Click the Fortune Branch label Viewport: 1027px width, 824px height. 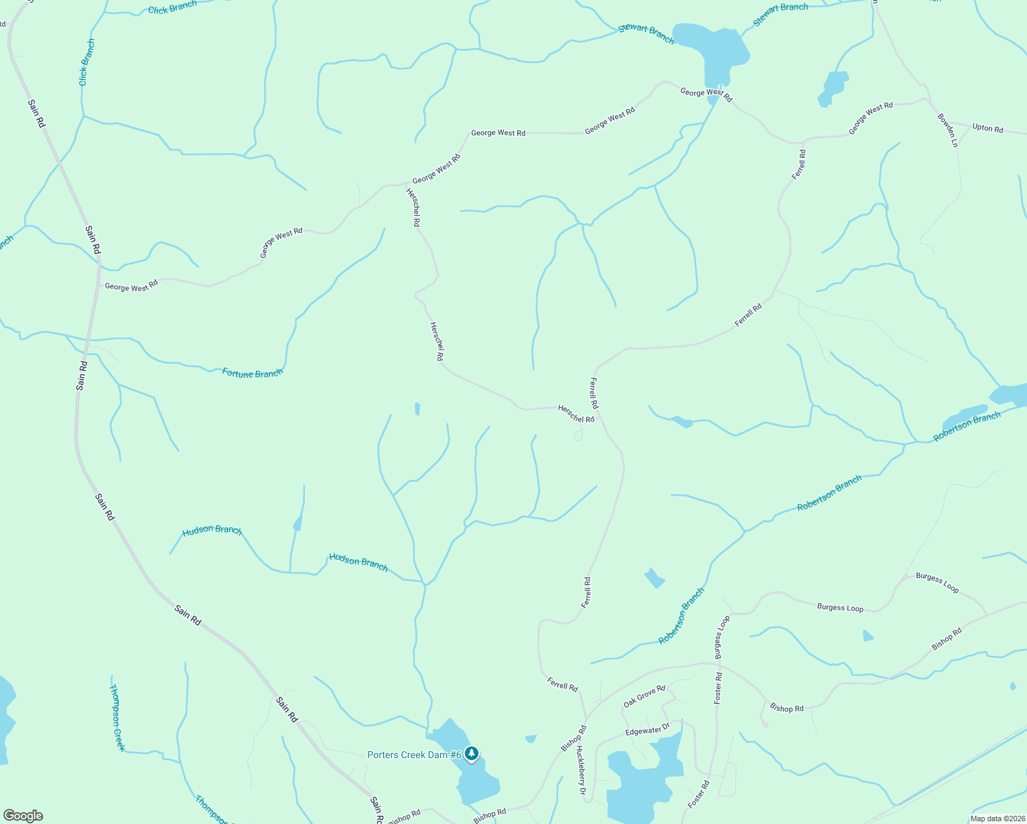click(x=252, y=373)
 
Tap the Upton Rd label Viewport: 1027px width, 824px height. click(x=987, y=128)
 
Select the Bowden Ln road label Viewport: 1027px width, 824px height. click(x=947, y=130)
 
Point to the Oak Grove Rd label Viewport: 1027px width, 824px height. click(x=644, y=696)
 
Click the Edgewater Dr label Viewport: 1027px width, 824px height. click(x=647, y=730)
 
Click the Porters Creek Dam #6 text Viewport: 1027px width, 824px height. click(x=414, y=755)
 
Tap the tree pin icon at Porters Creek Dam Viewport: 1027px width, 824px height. click(x=471, y=754)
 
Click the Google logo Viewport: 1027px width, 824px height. click(x=23, y=816)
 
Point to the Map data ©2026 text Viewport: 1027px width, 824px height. click(x=996, y=819)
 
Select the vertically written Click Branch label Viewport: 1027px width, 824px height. click(x=86, y=62)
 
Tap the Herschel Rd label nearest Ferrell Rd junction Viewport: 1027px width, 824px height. click(x=576, y=414)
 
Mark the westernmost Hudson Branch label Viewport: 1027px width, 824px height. click(x=212, y=530)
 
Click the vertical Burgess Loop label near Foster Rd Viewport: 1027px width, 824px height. click(x=723, y=637)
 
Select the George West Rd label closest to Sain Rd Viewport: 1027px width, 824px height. click(x=131, y=286)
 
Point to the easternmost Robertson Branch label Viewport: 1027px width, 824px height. click(x=967, y=426)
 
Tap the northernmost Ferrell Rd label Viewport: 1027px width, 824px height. click(x=798, y=165)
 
